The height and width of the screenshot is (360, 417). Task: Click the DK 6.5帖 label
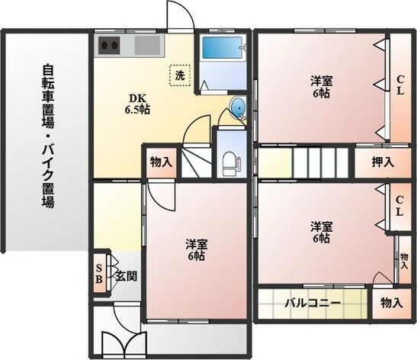pos(138,104)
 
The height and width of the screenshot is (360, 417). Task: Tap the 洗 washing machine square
pos(180,76)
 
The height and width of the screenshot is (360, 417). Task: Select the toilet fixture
pos(229,161)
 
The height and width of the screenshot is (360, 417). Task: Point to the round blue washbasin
pos(238,108)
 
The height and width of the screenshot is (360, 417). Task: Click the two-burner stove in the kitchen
pos(110,45)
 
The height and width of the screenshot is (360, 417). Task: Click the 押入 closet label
pos(382,162)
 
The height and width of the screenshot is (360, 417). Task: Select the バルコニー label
pos(313,303)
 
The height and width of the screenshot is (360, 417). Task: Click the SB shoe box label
pos(100,272)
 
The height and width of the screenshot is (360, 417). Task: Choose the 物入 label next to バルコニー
pos(391,303)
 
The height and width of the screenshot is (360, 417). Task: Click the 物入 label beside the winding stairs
pos(161,162)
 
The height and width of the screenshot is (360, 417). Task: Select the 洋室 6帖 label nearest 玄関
pos(196,250)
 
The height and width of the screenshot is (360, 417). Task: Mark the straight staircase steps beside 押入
pos(321,162)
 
